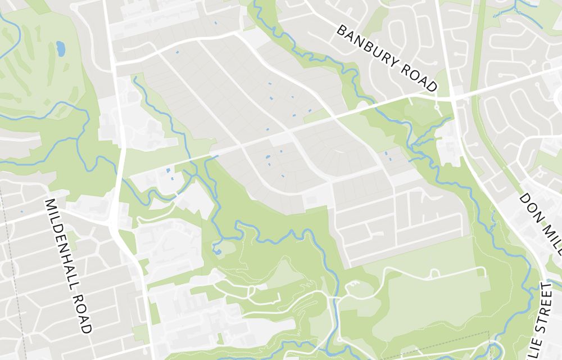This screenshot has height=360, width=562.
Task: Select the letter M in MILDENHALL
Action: (50, 203)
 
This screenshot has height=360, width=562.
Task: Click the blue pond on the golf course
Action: (60, 49)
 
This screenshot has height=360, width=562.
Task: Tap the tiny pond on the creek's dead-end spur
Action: (217, 251)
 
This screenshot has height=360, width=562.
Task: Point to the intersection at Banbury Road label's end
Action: (453, 98)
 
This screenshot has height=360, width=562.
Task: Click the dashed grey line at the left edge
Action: (6, 236)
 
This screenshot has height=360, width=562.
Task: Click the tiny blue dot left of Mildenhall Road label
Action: (22, 211)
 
